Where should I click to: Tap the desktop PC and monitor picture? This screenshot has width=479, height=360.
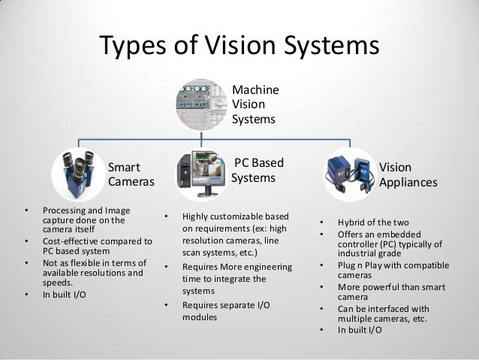[201, 172]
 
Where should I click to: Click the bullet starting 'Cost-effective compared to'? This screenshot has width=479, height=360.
[97, 247]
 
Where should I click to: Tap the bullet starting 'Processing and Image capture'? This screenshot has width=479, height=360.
[84, 215]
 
